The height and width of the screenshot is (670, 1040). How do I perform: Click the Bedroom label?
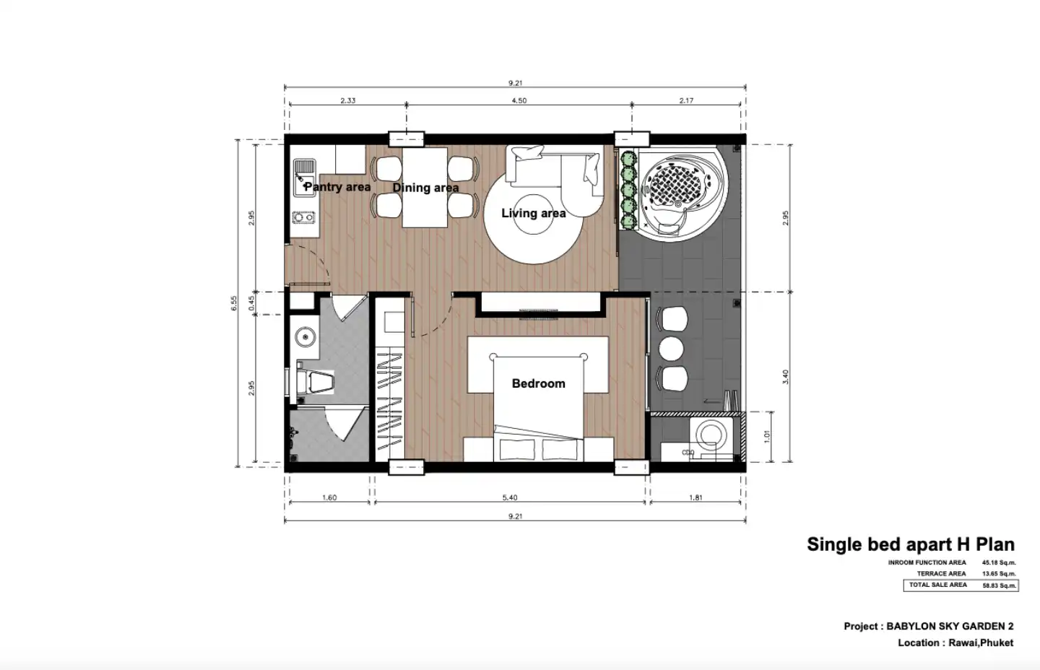[539, 383]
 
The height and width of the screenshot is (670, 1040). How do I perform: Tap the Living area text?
[534, 213]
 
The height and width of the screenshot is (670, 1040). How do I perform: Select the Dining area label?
[426, 188]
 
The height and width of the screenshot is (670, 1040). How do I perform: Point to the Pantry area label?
[337, 187]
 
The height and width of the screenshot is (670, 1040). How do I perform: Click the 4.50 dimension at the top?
[519, 100]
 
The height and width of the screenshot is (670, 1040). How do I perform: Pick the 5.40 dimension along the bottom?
[510, 498]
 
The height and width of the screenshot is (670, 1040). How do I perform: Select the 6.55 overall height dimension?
[234, 303]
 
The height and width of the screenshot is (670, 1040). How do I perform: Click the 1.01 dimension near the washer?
[766, 437]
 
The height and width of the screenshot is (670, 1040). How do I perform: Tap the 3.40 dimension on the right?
[785, 377]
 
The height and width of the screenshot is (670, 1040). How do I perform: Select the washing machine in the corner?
[711, 438]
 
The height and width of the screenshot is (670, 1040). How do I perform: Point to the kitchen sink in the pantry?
[305, 178]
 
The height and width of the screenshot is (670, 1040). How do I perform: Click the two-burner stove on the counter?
[303, 217]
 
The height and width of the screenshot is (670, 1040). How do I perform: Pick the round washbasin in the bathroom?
[305, 336]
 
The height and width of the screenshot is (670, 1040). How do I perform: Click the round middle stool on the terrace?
[671, 349]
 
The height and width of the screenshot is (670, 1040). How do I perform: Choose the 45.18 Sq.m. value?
[999, 562]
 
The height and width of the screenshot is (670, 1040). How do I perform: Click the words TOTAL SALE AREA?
[938, 585]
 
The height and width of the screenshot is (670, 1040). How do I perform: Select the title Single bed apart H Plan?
[911, 544]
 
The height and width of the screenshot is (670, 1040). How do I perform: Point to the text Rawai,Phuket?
[981, 643]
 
